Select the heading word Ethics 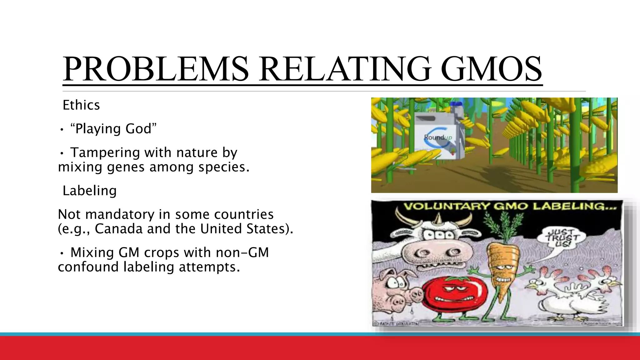pos(81,105)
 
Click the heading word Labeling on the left pos(90,191)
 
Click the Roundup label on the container pos(437,137)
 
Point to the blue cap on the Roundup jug pos(457,104)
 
